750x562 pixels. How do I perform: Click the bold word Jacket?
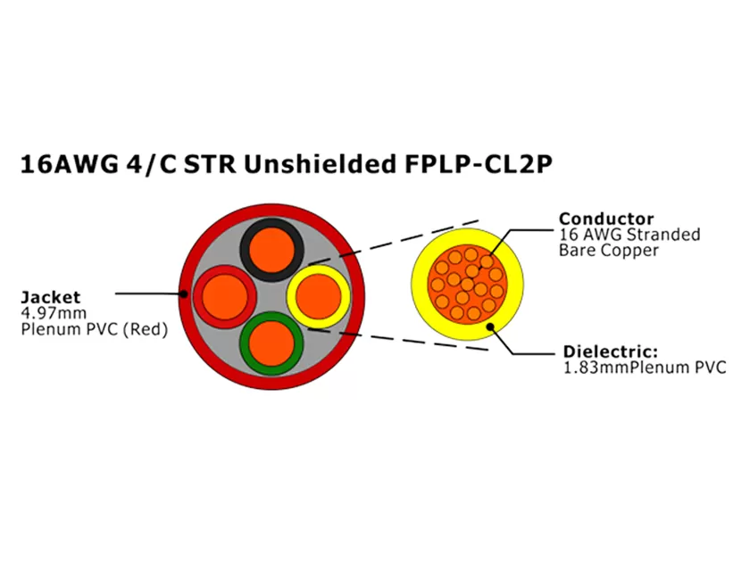point(50,296)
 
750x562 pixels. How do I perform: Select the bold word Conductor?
point(606,219)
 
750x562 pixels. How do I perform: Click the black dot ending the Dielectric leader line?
point(488,326)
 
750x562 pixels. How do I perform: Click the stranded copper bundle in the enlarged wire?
point(466,285)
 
